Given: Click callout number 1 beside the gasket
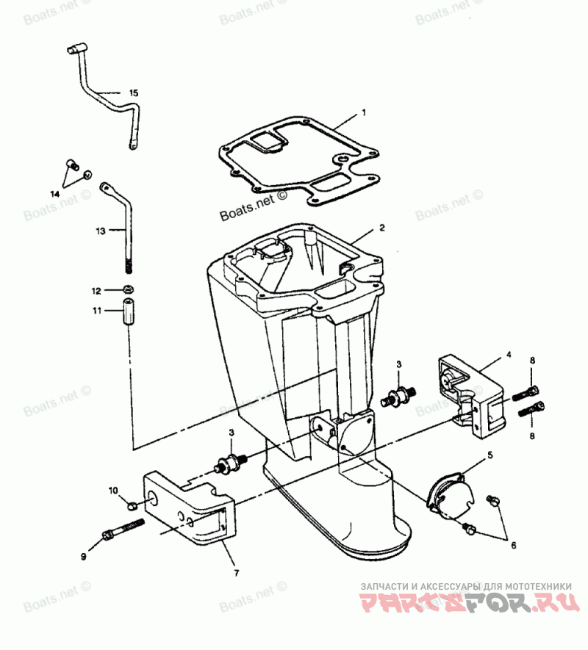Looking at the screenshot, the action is coord(363,115).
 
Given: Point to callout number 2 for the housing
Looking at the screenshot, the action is coord(382,228).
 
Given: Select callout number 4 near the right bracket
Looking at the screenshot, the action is coord(508,355).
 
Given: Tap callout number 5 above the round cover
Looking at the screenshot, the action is coord(490,456).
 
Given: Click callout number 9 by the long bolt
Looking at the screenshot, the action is coord(83,557).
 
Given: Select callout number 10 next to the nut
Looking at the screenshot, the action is coord(113,490).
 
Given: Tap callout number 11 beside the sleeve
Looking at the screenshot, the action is coord(97,311).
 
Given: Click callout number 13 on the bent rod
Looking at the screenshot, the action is coord(101,231).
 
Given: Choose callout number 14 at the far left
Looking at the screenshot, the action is coord(54,194).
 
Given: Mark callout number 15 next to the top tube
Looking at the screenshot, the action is coord(133,93).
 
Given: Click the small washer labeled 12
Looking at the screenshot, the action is coord(128,288).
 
